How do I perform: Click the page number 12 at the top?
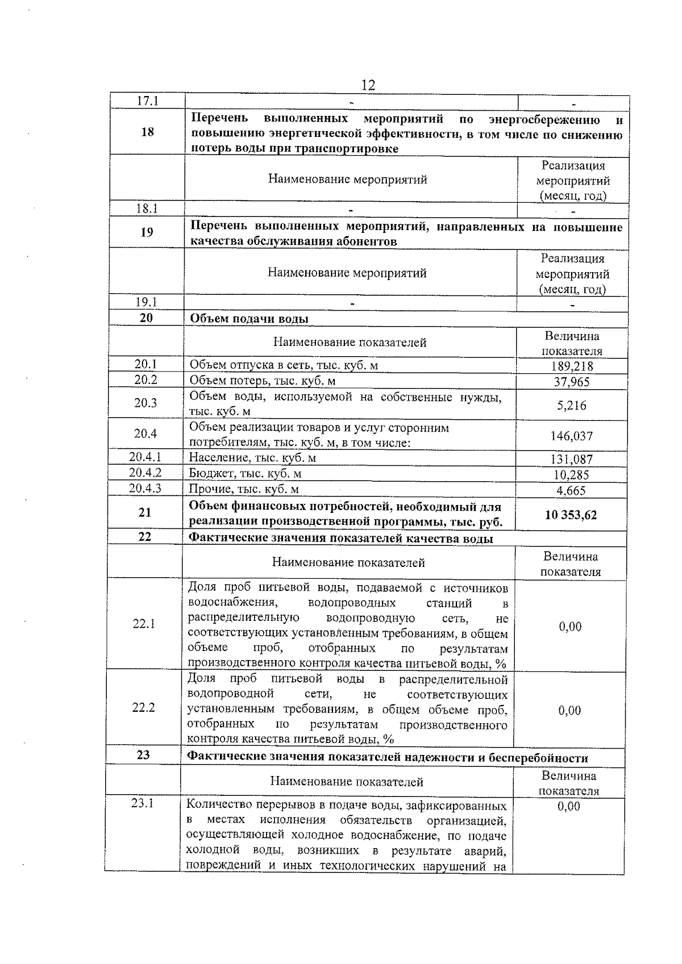(368, 85)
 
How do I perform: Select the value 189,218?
(572, 366)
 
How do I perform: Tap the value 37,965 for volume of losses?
(572, 382)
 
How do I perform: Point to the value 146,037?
(571, 436)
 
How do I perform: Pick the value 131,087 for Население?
(571, 459)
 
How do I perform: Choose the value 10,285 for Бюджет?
(571, 475)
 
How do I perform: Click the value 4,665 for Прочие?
(571, 491)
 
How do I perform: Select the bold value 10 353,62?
(571, 515)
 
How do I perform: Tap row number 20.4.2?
(145, 473)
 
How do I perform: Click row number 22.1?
(144, 624)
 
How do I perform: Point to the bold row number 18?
(147, 132)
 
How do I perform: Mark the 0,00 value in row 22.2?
(569, 710)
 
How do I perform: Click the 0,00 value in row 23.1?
(568, 806)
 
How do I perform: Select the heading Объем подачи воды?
(248, 319)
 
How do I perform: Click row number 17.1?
(148, 101)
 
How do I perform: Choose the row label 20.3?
(145, 403)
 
